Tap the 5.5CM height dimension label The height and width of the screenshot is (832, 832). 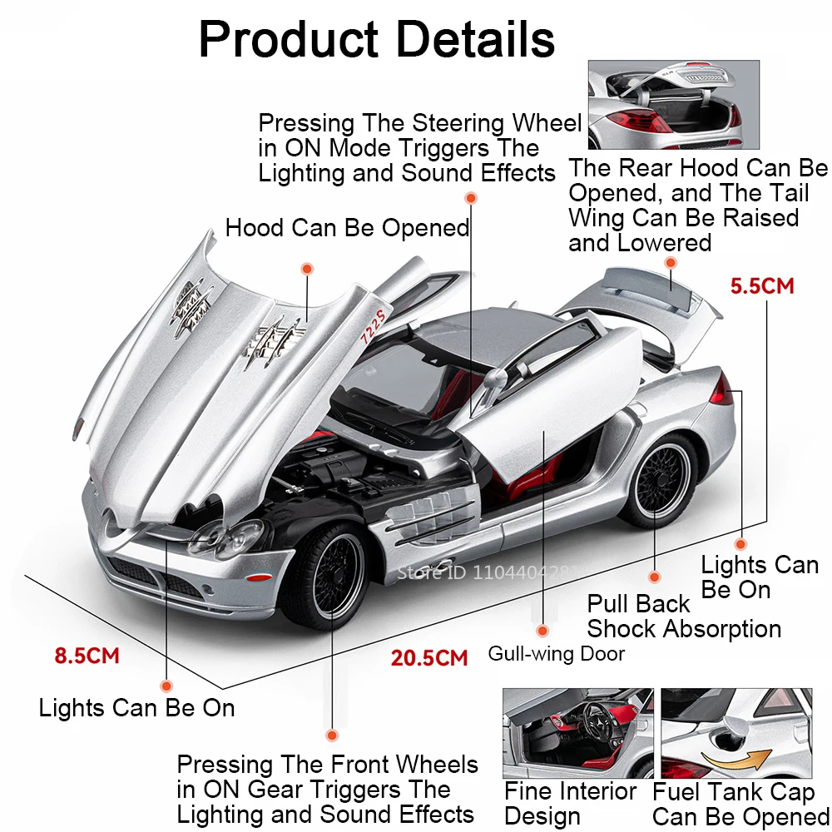[x=762, y=285]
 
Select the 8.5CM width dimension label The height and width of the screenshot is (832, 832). [x=87, y=656]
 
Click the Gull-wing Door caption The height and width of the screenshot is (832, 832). [x=556, y=654]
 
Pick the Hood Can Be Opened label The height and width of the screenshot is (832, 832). [x=347, y=228]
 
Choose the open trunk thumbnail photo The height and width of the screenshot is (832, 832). [x=664, y=104]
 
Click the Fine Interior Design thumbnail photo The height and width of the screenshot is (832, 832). [x=577, y=732]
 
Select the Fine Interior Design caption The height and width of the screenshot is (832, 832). [x=571, y=803]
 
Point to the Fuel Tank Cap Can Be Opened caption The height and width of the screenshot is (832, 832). [x=740, y=805]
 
